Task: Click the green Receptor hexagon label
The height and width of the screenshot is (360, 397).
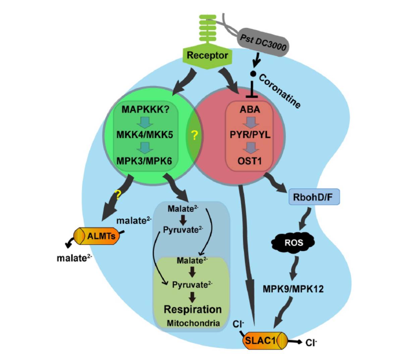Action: (207, 56)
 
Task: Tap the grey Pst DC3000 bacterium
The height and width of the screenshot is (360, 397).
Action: (263, 43)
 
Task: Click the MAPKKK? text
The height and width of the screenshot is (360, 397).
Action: (145, 110)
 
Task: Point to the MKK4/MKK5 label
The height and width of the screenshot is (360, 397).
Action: (145, 135)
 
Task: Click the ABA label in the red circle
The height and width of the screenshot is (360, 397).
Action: (250, 110)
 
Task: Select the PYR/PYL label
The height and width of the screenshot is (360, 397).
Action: (250, 135)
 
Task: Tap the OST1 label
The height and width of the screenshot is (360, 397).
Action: (250, 161)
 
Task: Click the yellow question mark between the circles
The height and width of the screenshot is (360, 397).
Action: (194, 136)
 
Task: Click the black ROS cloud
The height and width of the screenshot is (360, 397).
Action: (294, 242)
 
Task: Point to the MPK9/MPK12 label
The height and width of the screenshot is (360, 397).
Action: (293, 289)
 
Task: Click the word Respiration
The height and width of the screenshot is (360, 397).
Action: (192, 309)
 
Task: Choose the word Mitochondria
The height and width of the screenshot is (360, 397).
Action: (193, 323)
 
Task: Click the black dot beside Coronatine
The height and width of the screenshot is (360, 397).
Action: (253, 74)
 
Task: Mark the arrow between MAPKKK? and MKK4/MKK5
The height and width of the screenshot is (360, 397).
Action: (145, 122)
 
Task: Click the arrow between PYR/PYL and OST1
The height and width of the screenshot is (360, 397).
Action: (250, 148)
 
